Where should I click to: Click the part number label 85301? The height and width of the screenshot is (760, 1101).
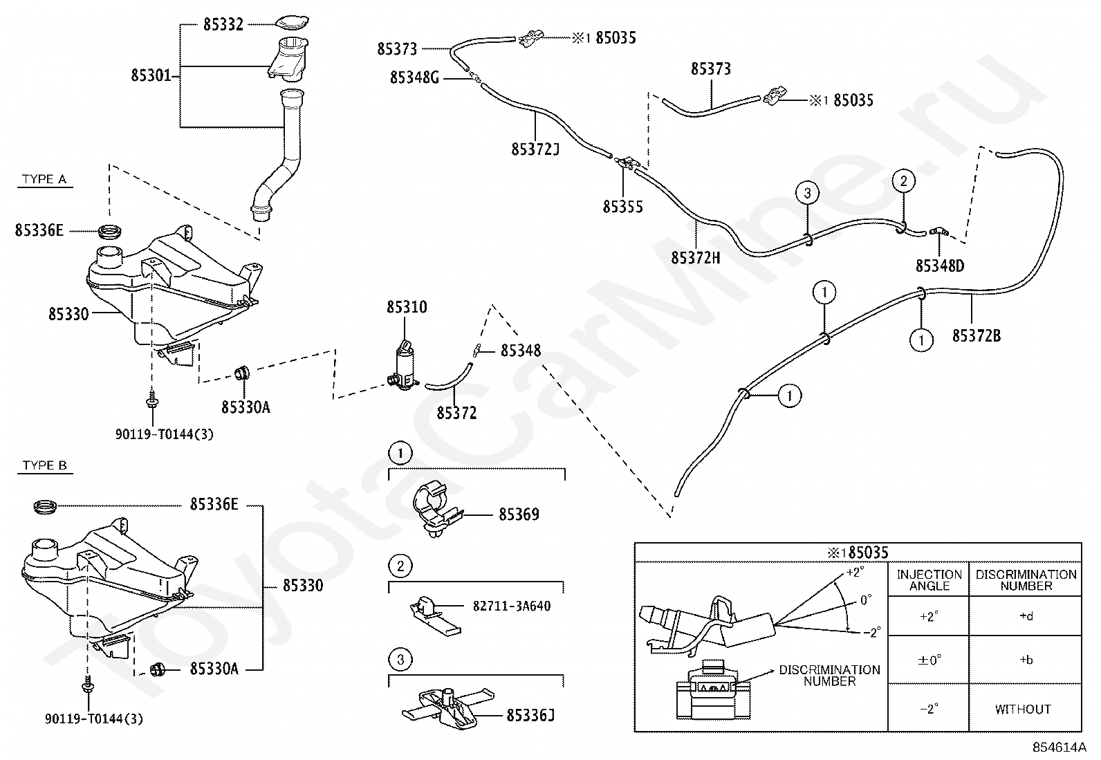tap(151, 75)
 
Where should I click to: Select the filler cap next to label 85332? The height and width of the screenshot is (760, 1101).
tap(292, 23)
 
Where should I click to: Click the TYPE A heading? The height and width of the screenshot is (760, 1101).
tap(44, 179)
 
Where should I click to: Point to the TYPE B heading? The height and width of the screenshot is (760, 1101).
tap(44, 465)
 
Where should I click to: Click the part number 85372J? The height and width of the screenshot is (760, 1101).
tap(535, 149)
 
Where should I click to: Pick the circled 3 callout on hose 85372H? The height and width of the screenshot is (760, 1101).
tap(807, 193)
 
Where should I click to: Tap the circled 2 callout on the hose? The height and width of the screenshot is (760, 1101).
tap(903, 181)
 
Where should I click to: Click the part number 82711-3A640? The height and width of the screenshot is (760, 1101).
tap(512, 606)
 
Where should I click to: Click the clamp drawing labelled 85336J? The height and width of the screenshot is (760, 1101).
tap(448, 708)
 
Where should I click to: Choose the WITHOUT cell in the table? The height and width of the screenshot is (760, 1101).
tap(1023, 710)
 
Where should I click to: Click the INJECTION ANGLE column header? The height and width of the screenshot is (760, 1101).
tap(929, 580)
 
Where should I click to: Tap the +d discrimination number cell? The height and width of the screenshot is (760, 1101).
tap(1026, 616)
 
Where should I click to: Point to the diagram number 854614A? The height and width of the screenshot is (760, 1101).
tap(1059, 748)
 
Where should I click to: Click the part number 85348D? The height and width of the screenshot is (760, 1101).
tap(940, 266)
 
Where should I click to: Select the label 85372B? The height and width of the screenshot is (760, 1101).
tap(976, 336)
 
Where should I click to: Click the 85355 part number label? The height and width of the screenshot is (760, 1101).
tap(622, 207)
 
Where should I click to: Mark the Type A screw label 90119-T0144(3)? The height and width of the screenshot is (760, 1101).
tap(165, 434)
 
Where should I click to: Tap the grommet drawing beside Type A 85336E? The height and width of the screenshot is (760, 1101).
tap(111, 230)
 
